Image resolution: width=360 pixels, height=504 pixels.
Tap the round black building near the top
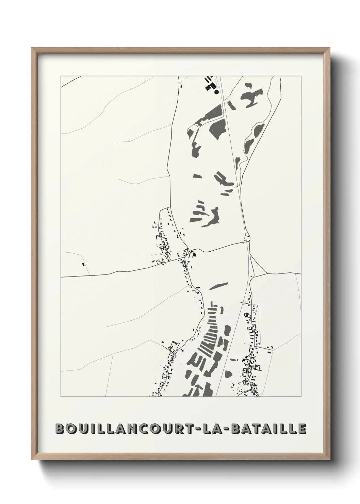[x=216, y=92]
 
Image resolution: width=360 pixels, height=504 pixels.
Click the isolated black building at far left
[x=83, y=264]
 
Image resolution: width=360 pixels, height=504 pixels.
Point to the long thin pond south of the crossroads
[x=218, y=286]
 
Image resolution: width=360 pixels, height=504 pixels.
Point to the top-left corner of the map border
[x=61, y=76]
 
